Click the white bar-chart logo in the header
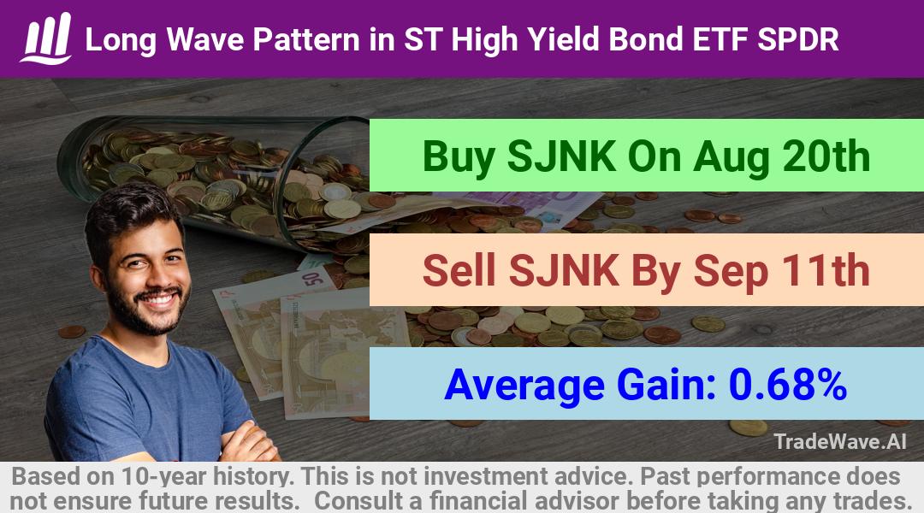[x=46, y=38]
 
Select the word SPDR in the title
[x=798, y=40]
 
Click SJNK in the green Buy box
[x=561, y=156]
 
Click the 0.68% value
[x=788, y=385]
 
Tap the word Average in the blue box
[x=524, y=386]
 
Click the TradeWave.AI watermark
[x=840, y=442]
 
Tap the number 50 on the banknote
[x=314, y=279]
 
